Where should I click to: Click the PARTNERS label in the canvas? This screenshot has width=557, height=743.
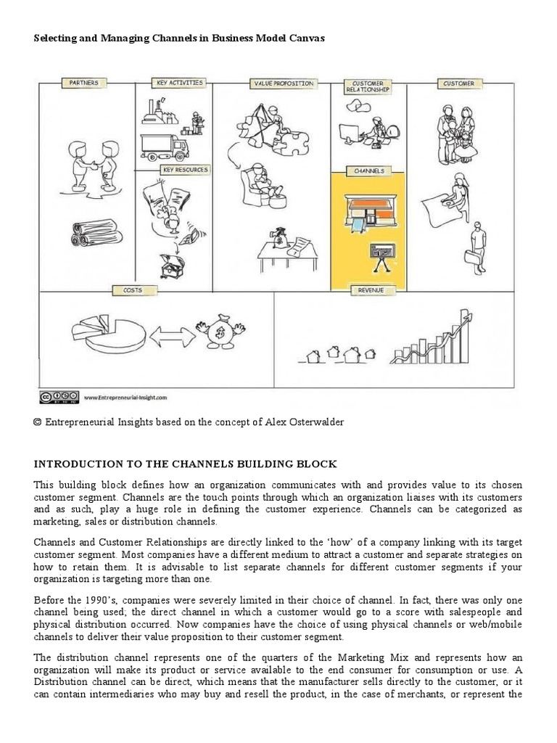83,83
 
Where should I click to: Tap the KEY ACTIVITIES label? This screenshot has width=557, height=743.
179,83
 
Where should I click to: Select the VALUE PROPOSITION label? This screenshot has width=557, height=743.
283,83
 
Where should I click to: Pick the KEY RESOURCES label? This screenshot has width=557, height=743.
185,170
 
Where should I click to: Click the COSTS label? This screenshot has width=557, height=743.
132,290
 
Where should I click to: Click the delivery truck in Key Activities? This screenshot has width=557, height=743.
164,147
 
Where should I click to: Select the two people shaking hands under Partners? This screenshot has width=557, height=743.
94,163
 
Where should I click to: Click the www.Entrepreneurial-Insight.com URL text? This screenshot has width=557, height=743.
125,398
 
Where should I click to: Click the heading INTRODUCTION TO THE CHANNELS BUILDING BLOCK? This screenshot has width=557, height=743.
185,464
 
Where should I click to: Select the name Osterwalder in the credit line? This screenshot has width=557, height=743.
313,422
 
